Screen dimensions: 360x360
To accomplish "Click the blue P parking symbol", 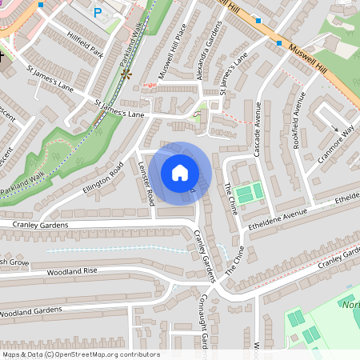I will pos(98,12).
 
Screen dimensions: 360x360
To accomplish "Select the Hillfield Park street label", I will pos(86,52).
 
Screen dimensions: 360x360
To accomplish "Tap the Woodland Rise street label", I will pos(72,271).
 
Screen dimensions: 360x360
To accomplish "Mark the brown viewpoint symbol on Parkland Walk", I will pos(125,74).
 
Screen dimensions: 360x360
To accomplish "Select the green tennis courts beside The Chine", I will pos(249,193).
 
